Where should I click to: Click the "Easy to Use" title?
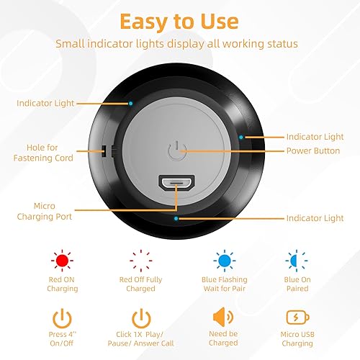[180, 21]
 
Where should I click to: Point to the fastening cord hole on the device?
[104, 150]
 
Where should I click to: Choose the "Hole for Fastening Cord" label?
[45, 151]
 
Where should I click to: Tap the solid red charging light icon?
[62, 258]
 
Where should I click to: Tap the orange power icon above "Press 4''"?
[62, 318]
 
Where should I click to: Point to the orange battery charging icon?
[297, 318]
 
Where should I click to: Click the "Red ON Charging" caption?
[62, 284]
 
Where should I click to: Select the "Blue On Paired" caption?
[297, 284]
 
